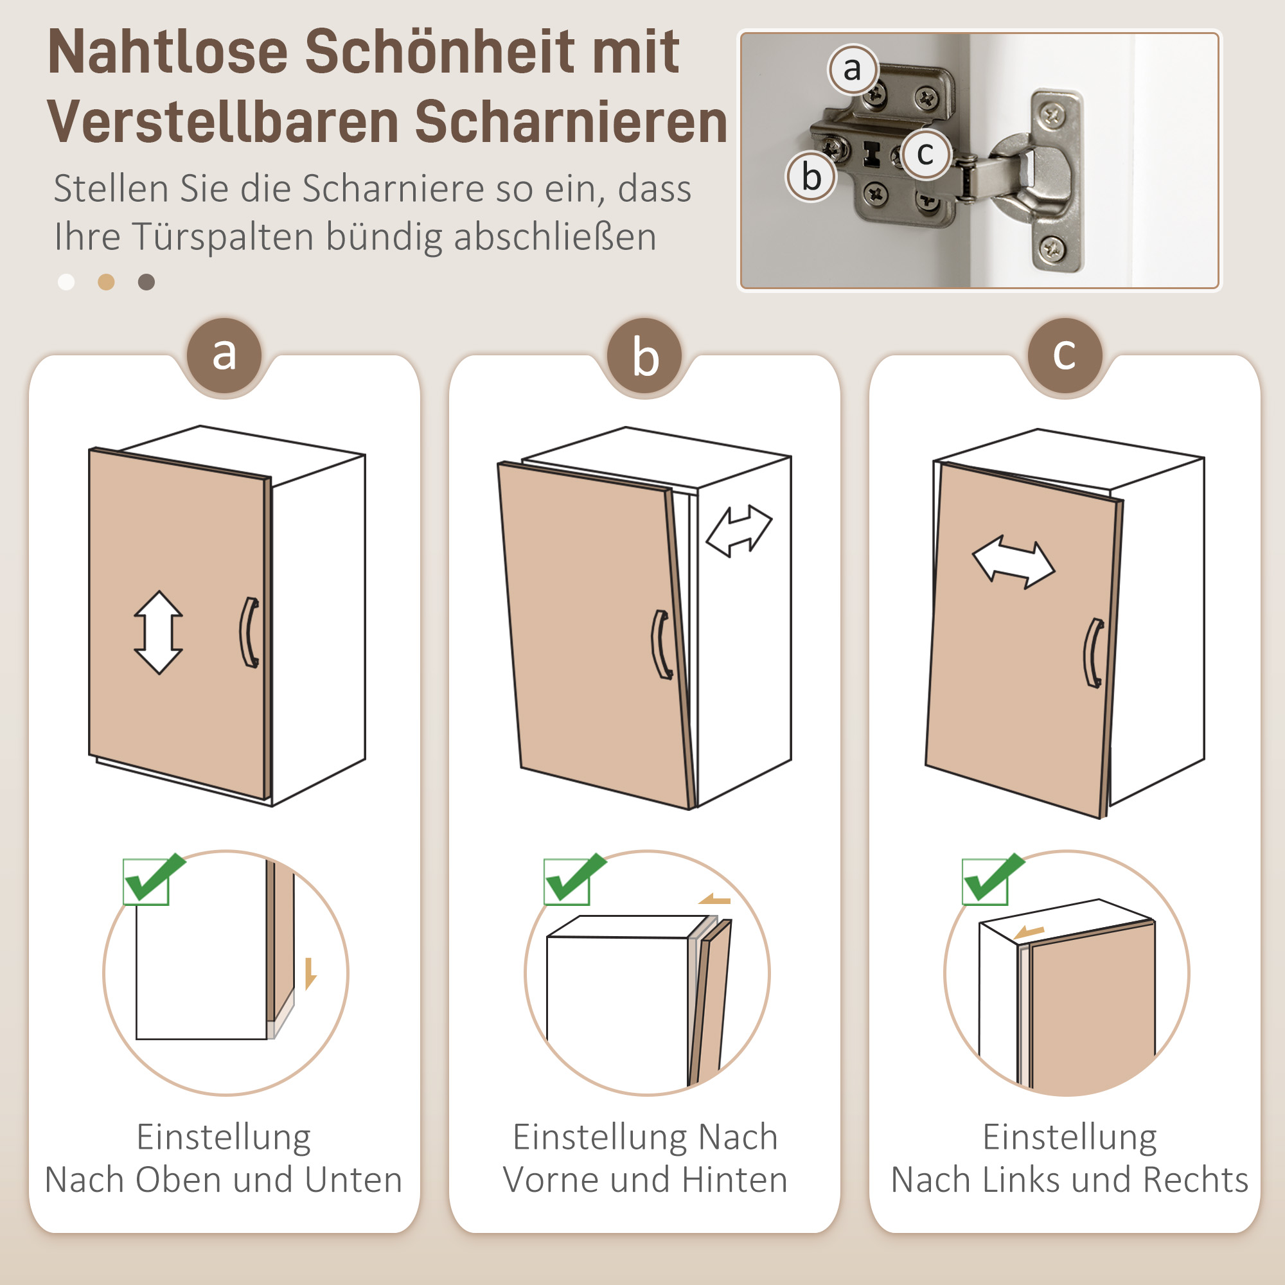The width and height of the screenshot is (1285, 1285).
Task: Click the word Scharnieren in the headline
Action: (571, 122)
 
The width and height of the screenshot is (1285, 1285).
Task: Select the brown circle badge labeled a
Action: (224, 355)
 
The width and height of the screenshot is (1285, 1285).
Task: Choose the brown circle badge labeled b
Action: (644, 355)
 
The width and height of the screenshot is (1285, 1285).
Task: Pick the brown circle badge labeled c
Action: (1064, 355)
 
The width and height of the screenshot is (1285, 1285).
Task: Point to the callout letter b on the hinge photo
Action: (811, 177)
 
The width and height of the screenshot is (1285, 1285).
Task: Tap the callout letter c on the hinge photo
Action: (925, 154)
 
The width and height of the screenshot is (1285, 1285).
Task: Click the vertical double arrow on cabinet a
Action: (158, 632)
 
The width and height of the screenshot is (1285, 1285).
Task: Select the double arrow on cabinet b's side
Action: (738, 530)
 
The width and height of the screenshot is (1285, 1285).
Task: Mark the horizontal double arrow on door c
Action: (1013, 562)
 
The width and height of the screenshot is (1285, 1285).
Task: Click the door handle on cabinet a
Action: (249, 632)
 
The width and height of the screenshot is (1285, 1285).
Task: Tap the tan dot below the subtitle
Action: (106, 282)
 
